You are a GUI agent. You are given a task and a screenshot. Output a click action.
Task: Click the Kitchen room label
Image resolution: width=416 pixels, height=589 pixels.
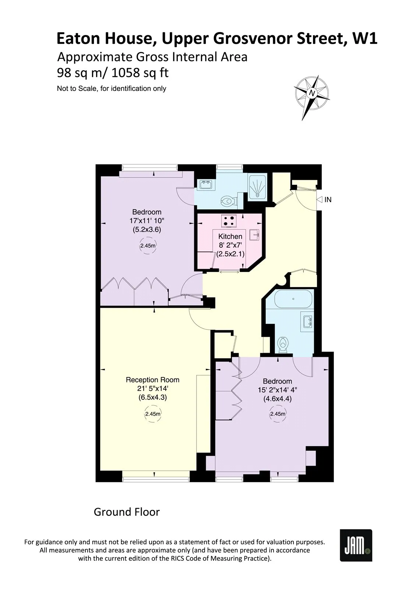[x=230, y=236]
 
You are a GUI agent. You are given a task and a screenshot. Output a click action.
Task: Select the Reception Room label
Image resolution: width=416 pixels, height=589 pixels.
[x=152, y=380]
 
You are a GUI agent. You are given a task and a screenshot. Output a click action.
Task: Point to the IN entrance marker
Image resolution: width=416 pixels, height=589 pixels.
[x=324, y=200]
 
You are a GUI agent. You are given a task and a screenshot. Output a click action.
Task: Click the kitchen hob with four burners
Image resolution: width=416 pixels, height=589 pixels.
[x=229, y=221]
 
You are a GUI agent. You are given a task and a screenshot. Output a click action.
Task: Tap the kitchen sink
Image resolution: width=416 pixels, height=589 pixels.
[x=254, y=234]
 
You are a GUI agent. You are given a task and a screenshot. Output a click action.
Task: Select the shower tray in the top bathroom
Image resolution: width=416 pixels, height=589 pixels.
[x=258, y=186]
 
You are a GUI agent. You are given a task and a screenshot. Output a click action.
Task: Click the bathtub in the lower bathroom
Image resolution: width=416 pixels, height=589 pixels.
[x=293, y=299]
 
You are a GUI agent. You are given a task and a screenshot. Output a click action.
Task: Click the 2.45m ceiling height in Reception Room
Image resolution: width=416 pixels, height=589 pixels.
[x=152, y=414]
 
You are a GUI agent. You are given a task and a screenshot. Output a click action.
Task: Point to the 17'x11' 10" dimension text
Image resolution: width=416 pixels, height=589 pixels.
[x=147, y=221]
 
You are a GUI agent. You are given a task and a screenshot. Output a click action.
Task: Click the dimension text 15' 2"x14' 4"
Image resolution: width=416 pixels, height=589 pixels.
[x=278, y=390]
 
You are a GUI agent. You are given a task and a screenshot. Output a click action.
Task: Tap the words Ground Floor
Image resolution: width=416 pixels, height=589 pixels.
[x=127, y=512]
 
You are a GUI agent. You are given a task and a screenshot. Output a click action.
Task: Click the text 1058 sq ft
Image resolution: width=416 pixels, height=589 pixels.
[x=140, y=73]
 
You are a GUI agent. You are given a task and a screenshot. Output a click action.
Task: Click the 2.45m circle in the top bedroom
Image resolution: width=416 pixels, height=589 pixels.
[x=147, y=246]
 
